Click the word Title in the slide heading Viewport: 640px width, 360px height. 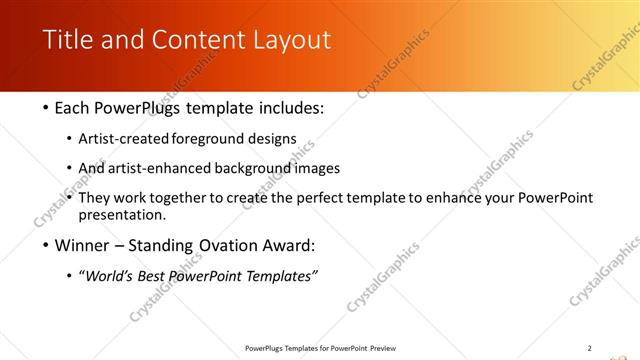pos(69,40)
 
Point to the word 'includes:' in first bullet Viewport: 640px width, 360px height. pos(291,107)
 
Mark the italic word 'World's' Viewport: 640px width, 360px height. pos(113,276)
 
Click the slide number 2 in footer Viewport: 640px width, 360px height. pos(589,348)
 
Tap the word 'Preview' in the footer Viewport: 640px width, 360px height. pos(383,348)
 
